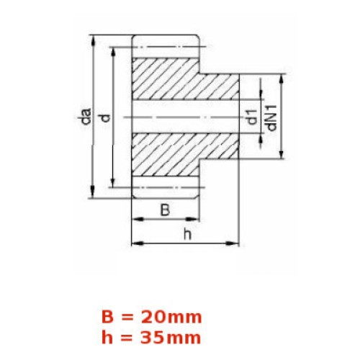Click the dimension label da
86,117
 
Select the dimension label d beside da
105,118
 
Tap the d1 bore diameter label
252,117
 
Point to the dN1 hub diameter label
271,118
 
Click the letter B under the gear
165,210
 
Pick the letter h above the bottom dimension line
187,234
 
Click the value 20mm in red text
171,318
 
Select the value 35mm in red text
171,338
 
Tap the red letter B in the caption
107,318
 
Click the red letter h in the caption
107,338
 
